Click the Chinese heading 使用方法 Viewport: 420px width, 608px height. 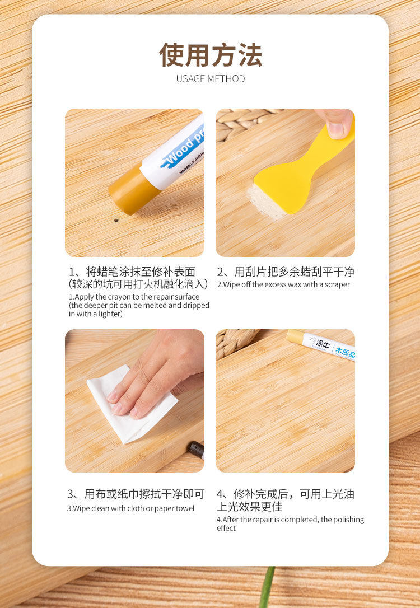210,55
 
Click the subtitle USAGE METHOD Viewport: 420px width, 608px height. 210,79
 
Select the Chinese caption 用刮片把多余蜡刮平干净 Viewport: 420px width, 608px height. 286,272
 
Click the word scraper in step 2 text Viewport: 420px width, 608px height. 335,284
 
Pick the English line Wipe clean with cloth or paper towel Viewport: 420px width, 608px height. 131,508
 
